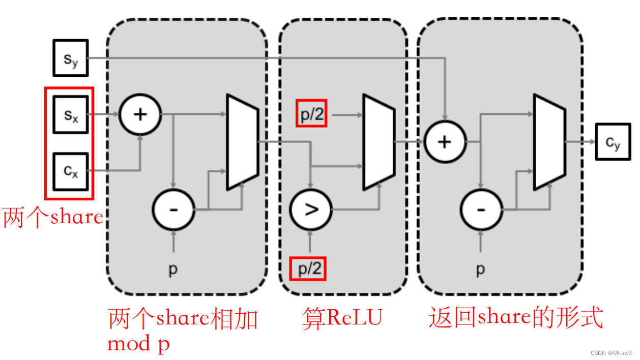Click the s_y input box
coord(71,58)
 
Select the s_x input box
coord(71,114)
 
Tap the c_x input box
coord(71,171)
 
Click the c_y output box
coord(613,143)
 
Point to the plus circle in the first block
coord(140,114)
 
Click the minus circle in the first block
coord(173,209)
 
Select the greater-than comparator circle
coord(310,209)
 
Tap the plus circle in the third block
coord(445,142)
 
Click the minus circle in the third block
coord(481,209)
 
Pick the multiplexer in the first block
coord(243,141)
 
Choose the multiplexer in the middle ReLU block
coord(379,142)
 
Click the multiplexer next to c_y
coord(549,142)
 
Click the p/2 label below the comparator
coord(308,268)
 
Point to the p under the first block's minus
coord(173,269)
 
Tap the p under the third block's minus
coord(480,269)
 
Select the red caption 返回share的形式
coord(515,318)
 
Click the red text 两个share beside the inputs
coord(53,217)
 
